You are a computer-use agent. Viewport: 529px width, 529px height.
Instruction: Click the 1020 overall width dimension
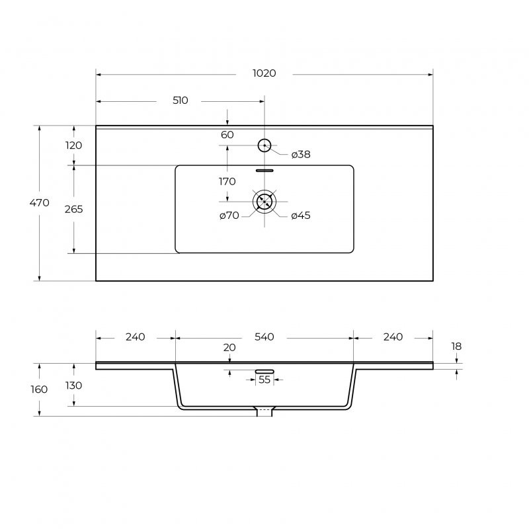click(x=264, y=73)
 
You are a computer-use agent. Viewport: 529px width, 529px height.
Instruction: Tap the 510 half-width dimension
click(x=180, y=101)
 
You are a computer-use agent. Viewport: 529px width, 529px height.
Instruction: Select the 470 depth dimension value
click(x=39, y=203)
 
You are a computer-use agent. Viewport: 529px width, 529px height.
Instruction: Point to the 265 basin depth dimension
click(x=73, y=210)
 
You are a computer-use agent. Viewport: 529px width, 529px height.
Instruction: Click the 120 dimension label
click(x=73, y=145)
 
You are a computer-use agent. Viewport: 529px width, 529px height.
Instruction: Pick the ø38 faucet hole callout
click(x=301, y=155)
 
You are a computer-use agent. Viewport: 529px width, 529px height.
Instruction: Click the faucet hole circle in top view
click(x=264, y=145)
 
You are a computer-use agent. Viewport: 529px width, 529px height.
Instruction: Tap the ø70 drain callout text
click(x=229, y=216)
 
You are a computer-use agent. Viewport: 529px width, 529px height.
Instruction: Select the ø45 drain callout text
click(x=301, y=216)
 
